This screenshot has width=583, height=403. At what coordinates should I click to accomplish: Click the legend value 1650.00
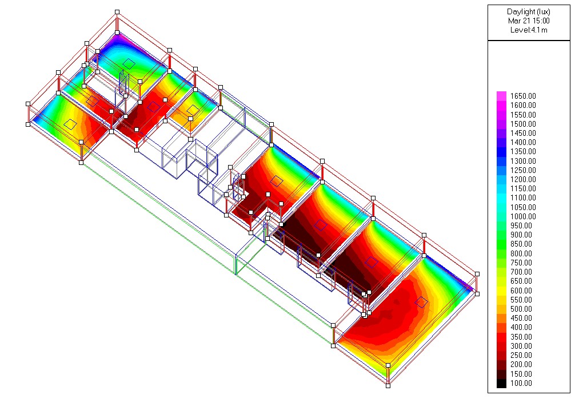coord(523,96)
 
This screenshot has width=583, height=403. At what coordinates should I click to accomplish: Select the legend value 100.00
coord(521,384)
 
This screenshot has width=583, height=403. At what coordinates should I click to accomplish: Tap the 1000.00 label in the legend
coord(523,216)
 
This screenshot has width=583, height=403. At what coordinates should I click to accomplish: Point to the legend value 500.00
coord(521,309)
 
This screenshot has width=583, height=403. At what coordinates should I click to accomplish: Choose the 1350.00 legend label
coord(523,151)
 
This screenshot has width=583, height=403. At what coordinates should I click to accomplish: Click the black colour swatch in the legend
coord(501,384)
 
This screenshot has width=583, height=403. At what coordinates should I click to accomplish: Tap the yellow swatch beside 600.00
coord(501,291)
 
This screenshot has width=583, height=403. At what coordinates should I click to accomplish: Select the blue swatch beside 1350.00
coord(501,151)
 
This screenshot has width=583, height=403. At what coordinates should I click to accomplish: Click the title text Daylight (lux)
coord(528,12)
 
